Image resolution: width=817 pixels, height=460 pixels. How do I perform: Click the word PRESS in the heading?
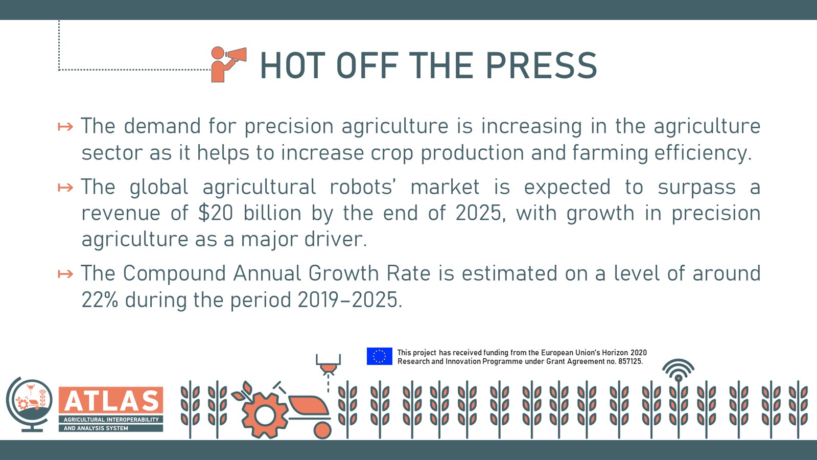(541, 65)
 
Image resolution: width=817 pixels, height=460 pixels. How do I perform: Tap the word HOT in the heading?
(292, 65)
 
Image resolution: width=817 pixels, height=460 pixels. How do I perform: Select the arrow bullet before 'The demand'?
(65, 127)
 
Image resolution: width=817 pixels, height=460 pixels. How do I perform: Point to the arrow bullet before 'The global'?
(65, 188)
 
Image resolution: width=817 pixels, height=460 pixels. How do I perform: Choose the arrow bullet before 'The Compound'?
(65, 274)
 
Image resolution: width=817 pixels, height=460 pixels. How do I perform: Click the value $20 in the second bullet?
(215, 213)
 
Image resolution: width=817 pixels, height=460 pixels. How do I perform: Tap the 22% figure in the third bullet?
(100, 300)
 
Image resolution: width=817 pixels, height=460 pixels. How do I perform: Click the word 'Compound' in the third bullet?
(174, 274)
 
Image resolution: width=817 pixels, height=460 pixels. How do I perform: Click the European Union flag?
(379, 356)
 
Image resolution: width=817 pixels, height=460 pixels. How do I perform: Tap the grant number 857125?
(629, 361)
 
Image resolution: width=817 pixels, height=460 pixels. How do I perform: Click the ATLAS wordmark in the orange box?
(111, 401)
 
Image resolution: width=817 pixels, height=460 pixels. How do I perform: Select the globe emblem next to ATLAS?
(29, 404)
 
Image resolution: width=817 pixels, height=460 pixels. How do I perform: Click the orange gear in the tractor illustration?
(265, 416)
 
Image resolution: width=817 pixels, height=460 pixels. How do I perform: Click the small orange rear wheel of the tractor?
(322, 430)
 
